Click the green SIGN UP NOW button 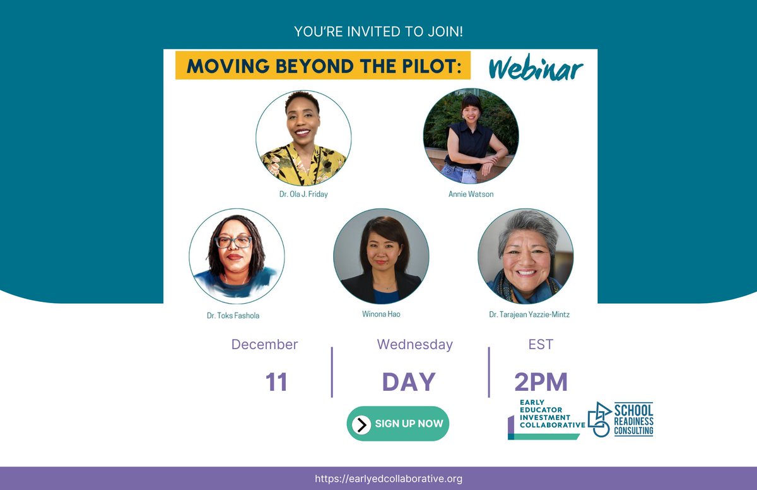[x=397, y=424]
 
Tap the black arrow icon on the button [x=361, y=424]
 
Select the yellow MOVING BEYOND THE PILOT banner [x=323, y=66]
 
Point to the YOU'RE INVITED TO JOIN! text [x=378, y=31]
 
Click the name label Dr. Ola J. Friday [x=303, y=194]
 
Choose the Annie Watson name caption [x=471, y=194]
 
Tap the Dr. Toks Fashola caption [x=233, y=316]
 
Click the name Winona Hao [x=381, y=314]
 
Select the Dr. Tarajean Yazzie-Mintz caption [x=529, y=314]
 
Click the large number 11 [x=276, y=382]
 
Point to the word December [x=264, y=345]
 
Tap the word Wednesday [x=414, y=345]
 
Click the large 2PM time [x=541, y=382]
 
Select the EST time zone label [x=541, y=345]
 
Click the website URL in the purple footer [x=388, y=479]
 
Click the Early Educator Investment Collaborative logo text [x=551, y=413]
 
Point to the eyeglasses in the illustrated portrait [x=233, y=242]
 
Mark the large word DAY [x=409, y=382]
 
